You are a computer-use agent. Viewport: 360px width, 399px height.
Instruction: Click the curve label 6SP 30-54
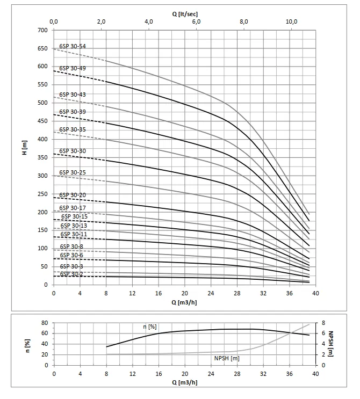pyautogui.click(x=72, y=47)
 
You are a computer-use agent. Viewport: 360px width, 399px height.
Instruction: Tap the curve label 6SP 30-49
pyautogui.click(x=72, y=68)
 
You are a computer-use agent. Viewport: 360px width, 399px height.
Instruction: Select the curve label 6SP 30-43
pyautogui.click(x=72, y=95)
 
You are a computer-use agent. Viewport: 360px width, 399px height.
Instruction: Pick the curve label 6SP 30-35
pyautogui.click(x=72, y=129)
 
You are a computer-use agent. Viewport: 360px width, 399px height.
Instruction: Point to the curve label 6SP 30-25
pyautogui.click(x=72, y=172)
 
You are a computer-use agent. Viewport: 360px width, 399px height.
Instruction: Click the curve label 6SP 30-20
pyautogui.click(x=72, y=195)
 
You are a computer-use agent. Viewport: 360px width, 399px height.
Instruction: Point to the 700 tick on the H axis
pyautogui.click(x=42, y=30)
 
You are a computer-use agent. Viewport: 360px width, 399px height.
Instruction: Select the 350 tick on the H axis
pyautogui.click(x=42, y=157)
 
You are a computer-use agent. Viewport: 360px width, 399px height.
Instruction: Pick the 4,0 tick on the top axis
pyautogui.click(x=149, y=21)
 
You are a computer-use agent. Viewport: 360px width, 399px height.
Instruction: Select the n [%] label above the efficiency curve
pyautogui.click(x=149, y=327)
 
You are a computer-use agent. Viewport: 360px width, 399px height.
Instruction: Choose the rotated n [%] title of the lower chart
pyautogui.click(x=27, y=344)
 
